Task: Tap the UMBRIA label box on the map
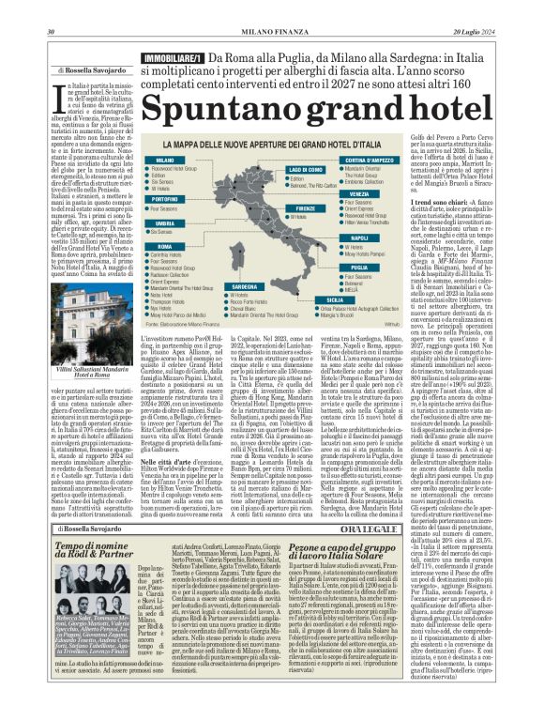158,222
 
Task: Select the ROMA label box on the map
155,245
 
